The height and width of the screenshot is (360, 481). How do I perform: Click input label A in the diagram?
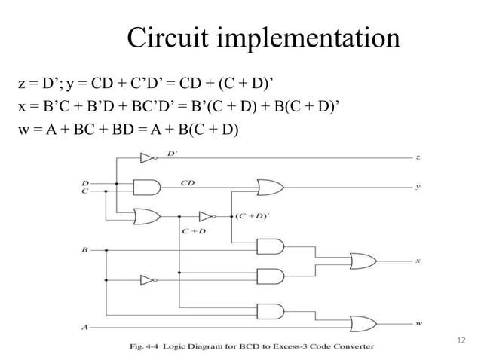[84, 327]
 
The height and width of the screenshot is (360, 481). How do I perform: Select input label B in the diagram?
[84, 248]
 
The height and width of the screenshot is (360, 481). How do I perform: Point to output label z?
[418, 158]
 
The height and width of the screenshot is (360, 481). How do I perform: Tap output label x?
[418, 261]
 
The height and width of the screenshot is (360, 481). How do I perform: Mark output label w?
[418, 324]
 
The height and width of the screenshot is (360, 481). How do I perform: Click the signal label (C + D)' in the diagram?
[250, 215]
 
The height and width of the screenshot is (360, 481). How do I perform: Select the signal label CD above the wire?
[188, 182]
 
